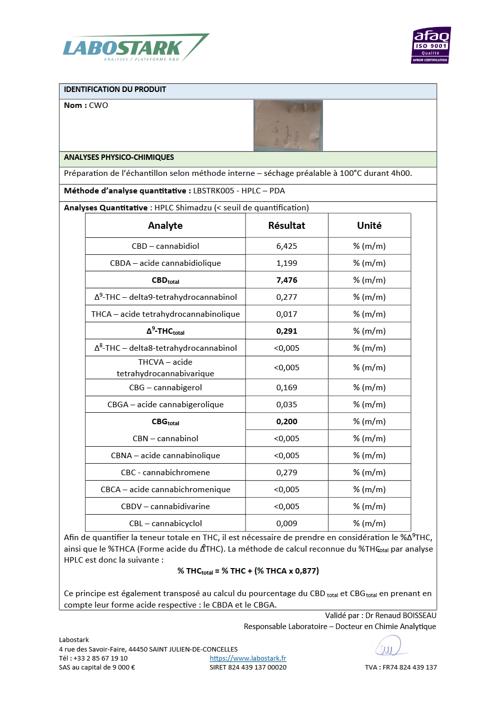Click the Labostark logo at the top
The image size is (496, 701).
(x=135, y=48)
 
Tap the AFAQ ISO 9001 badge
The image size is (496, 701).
(x=431, y=45)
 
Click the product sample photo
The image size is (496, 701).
(x=288, y=125)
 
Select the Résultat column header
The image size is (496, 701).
(x=286, y=225)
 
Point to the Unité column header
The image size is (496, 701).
(x=369, y=225)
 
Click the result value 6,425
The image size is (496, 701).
(x=286, y=246)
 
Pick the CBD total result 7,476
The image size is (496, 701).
(x=286, y=280)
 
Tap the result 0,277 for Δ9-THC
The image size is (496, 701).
(x=286, y=297)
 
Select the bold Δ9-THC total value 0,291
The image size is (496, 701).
(x=286, y=331)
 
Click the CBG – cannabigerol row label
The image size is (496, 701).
(x=165, y=387)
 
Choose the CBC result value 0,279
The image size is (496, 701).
(x=286, y=472)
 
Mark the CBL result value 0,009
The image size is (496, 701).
(x=286, y=523)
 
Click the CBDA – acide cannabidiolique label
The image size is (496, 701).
(x=165, y=263)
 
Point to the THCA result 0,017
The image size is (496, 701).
(x=286, y=314)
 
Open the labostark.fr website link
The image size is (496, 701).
(x=248, y=658)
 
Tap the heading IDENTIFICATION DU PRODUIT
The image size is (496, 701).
(x=115, y=89)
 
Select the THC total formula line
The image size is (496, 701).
(x=248, y=571)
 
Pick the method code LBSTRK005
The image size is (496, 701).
(x=213, y=190)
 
